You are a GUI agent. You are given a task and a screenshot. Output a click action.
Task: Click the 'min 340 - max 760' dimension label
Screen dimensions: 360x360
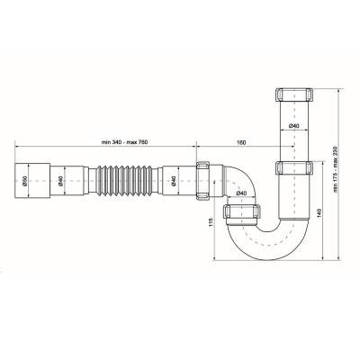click(125, 142)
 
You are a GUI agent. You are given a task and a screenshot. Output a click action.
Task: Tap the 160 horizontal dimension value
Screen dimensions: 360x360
click(241, 142)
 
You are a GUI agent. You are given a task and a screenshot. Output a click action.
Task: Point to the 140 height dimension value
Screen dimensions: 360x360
click(319, 212)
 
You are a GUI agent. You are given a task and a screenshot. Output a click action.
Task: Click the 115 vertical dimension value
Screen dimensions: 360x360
click(211, 221)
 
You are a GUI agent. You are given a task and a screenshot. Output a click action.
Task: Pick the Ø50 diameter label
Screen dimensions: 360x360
click(25, 181)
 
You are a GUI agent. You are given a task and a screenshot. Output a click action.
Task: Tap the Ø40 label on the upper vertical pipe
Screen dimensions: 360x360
click(294, 126)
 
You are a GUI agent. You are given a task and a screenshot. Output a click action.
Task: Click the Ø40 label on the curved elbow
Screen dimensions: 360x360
click(241, 193)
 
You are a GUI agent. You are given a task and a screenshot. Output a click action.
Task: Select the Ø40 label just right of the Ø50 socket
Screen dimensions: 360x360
click(60, 181)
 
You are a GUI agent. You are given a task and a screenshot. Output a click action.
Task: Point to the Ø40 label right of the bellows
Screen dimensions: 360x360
click(174, 181)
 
